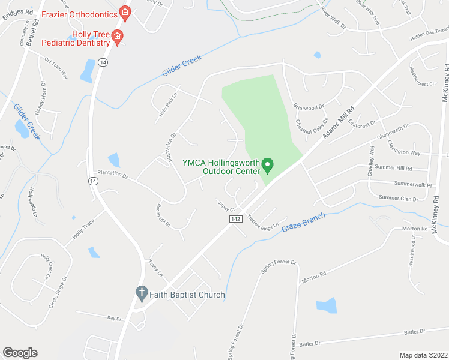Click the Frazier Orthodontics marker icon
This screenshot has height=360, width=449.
pos(125,11)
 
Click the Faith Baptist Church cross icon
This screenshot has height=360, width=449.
pos(141,294)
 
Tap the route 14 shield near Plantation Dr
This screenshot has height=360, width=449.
pos(92,181)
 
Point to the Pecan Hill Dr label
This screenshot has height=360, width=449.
pos(163,215)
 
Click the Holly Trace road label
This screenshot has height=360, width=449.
pos(85,228)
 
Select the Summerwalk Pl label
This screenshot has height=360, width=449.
pos(413,185)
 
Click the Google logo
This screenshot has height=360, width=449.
pos(20,353)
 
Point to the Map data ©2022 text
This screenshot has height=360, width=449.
pos(423,355)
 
